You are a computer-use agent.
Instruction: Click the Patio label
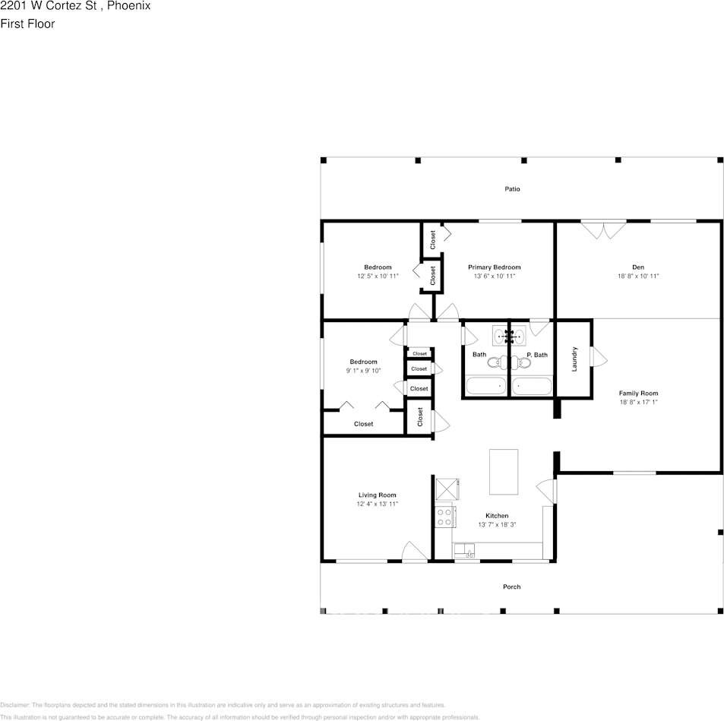tap(513, 188)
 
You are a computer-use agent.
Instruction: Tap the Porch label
tap(512, 587)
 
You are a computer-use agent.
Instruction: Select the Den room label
tap(638, 267)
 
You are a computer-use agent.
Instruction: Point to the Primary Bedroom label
tap(494, 267)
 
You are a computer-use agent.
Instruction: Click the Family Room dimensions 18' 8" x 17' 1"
tap(638, 402)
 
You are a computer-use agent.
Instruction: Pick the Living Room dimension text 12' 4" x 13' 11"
tap(378, 504)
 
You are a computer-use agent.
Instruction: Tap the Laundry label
tap(574, 359)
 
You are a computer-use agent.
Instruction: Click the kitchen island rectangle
tap(504, 471)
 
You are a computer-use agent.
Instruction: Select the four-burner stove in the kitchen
tap(444, 517)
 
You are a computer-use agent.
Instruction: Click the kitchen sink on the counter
tap(465, 551)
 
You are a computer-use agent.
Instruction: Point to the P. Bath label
tap(537, 355)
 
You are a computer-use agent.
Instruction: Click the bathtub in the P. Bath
tap(531, 386)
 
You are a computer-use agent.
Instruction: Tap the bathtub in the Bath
tap(486, 386)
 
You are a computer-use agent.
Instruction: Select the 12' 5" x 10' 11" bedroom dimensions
tap(378, 277)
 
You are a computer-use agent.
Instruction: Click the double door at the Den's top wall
tap(604, 229)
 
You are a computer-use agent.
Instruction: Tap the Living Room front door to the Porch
tap(415, 553)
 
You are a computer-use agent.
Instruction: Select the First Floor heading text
tap(27, 24)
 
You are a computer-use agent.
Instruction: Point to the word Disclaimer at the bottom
tap(14, 705)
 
